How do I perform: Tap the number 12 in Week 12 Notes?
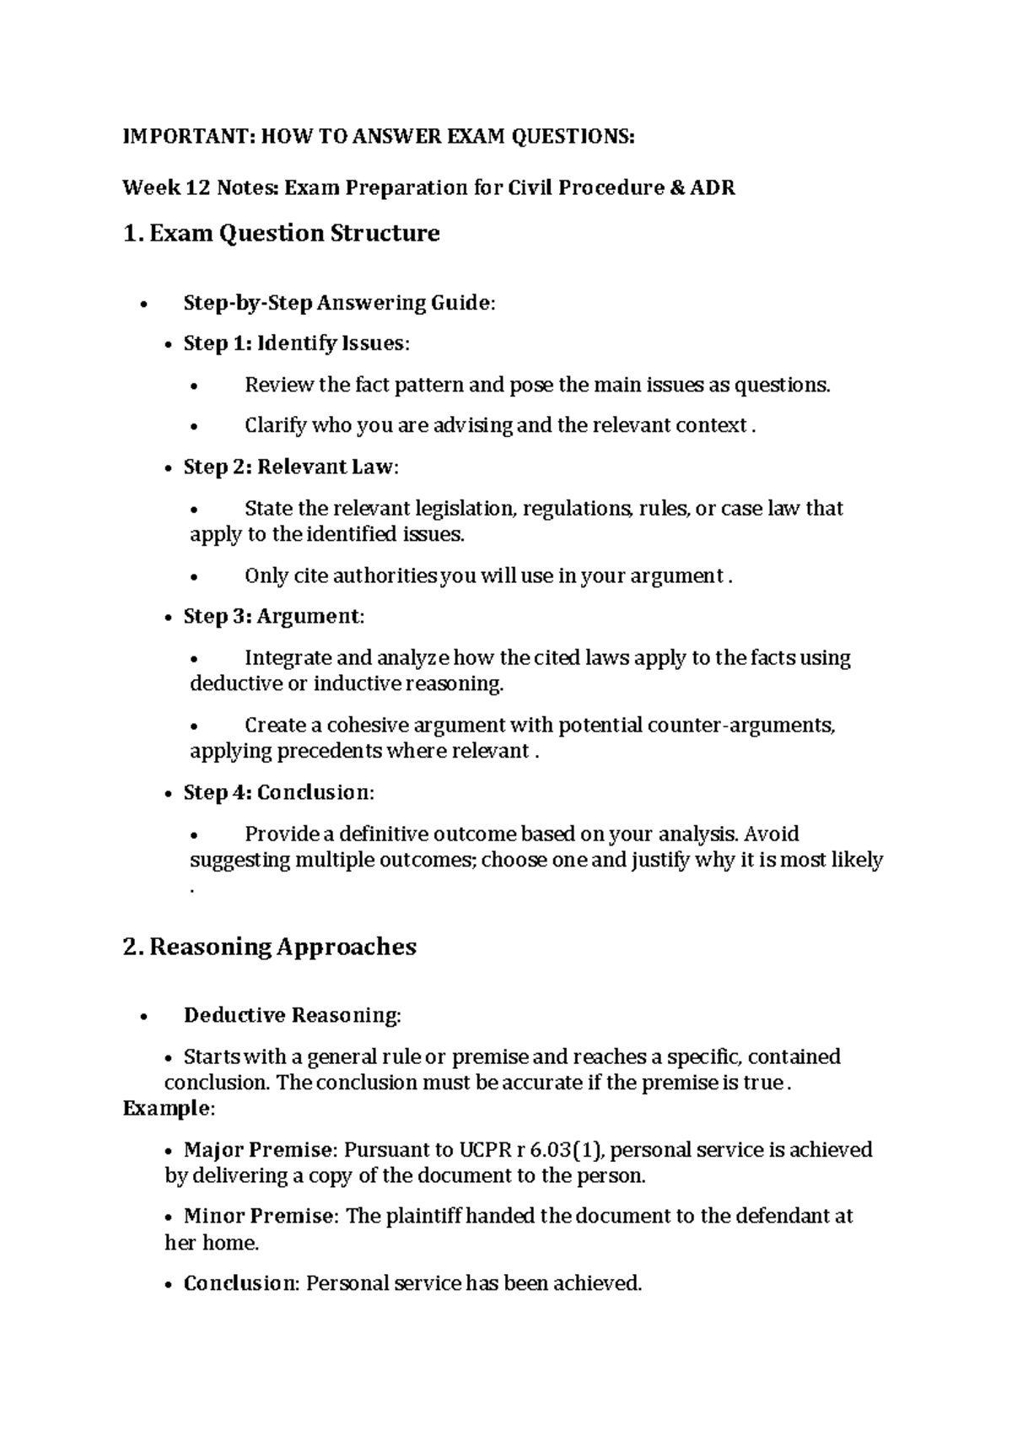197,187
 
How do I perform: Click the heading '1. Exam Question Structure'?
281,233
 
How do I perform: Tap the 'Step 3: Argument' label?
272,617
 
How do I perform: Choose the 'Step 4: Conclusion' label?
277,793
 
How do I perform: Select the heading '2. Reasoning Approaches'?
269,947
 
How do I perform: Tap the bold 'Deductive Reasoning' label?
291,1015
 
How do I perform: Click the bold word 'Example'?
165,1108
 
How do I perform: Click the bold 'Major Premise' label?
258,1150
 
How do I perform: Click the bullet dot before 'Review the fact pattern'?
194,387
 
